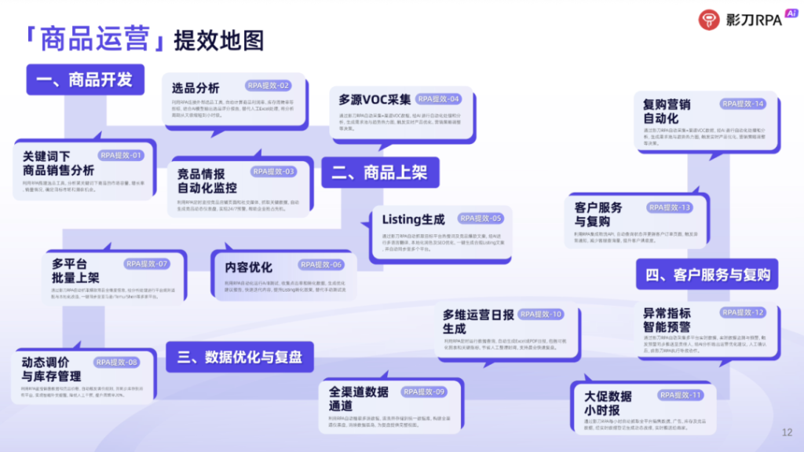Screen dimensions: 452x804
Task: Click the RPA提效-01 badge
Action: [121, 156]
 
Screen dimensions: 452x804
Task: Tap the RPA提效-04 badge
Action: [439, 99]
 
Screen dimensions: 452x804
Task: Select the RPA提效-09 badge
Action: [424, 391]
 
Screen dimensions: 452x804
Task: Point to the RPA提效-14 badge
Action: [743, 104]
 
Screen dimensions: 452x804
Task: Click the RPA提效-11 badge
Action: [681, 395]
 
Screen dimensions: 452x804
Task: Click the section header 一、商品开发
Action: [85, 79]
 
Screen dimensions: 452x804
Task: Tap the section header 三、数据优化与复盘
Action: [239, 357]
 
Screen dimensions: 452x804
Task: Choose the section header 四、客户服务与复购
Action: [707, 275]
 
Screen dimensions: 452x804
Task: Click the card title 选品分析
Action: [196, 88]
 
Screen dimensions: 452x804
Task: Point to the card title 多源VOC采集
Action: [375, 100]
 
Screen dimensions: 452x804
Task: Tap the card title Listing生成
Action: [413, 219]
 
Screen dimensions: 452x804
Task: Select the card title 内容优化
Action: [249, 267]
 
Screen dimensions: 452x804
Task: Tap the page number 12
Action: [788, 432]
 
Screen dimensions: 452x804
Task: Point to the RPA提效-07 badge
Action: [147, 264]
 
